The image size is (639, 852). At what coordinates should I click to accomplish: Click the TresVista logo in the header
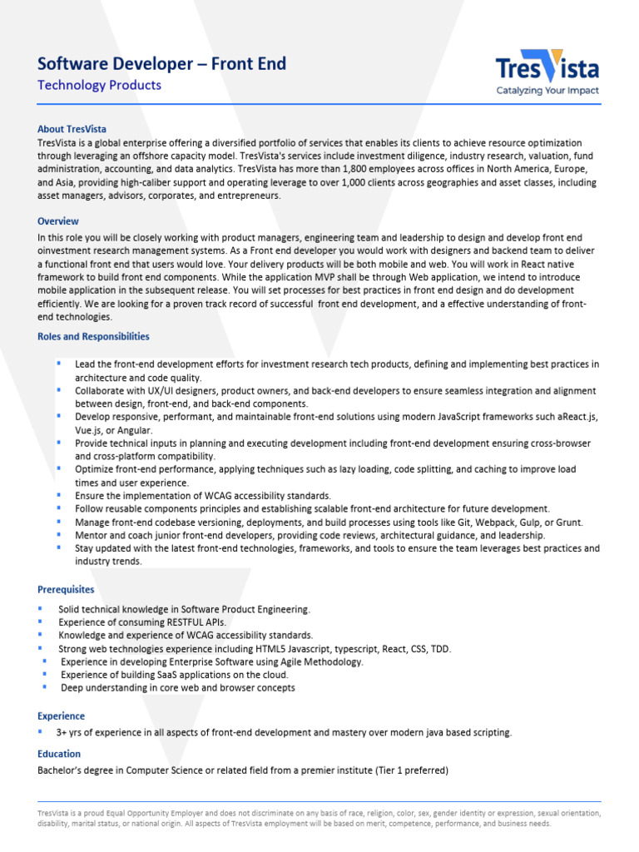(x=547, y=67)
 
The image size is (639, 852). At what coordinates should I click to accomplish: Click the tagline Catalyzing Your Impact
(x=547, y=91)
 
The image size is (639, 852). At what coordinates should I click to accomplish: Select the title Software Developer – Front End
(x=161, y=64)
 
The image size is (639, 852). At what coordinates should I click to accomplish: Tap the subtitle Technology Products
(x=99, y=85)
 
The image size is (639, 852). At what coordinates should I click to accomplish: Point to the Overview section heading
(x=58, y=221)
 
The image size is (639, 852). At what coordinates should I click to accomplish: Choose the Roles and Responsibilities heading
(x=93, y=336)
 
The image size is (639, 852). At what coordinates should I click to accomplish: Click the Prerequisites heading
(x=66, y=589)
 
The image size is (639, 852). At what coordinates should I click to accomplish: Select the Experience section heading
(x=61, y=716)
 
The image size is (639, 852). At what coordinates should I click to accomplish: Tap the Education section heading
(x=59, y=753)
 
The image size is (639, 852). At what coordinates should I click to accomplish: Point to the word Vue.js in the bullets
(x=90, y=430)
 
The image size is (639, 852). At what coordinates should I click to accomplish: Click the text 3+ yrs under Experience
(x=72, y=732)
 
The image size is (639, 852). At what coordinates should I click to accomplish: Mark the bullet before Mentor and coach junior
(x=59, y=534)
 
